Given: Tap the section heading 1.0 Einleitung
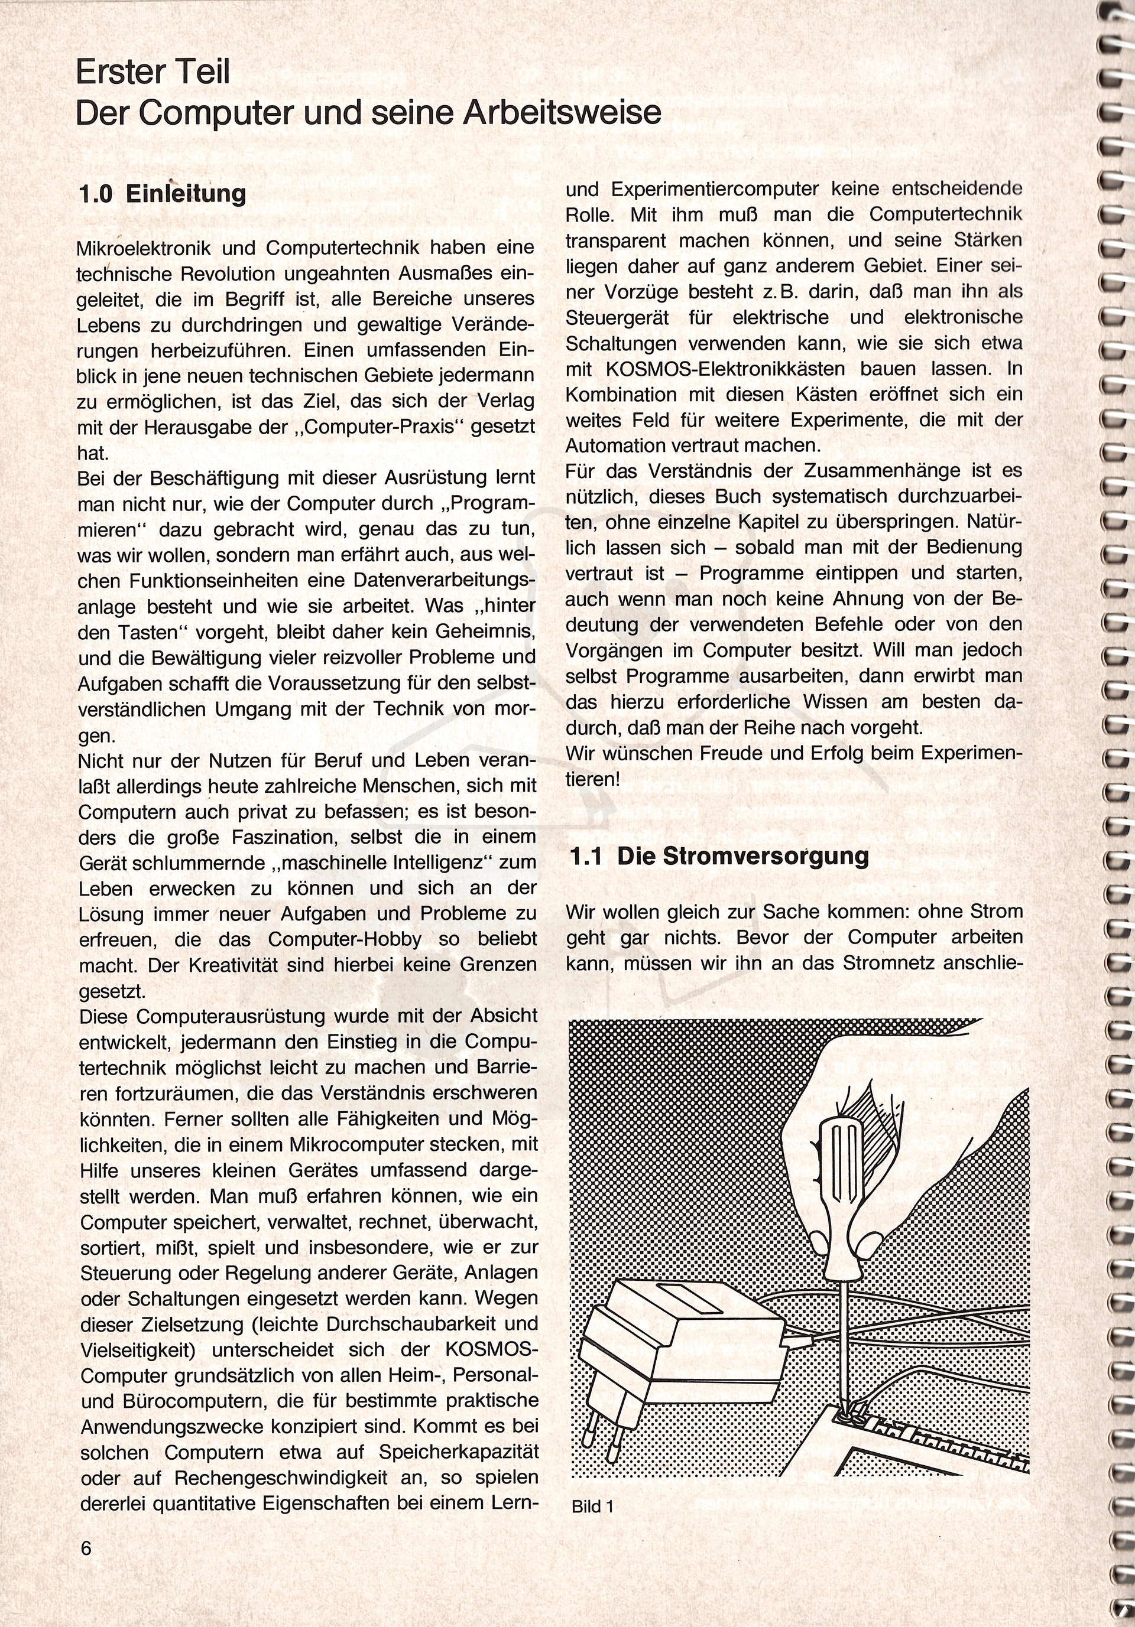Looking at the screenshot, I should pos(163,194).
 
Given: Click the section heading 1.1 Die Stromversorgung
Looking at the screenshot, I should pos(719,856).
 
